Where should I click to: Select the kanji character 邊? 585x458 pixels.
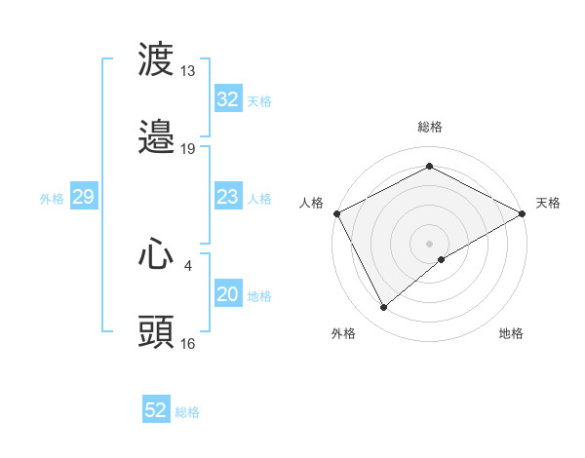click(x=157, y=137)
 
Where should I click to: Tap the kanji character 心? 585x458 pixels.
click(x=157, y=255)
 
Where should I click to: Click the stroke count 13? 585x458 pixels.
click(x=187, y=71)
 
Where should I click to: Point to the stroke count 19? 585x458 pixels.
click(x=187, y=149)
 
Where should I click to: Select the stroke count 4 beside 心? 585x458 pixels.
click(x=187, y=265)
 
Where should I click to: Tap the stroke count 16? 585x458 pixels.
click(x=187, y=344)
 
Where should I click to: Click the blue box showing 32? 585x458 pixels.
click(x=227, y=99)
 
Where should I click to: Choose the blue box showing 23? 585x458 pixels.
click(x=227, y=198)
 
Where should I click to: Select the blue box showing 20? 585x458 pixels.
click(x=227, y=295)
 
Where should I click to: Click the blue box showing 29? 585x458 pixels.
click(x=83, y=198)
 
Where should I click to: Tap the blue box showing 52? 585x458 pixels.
click(x=156, y=411)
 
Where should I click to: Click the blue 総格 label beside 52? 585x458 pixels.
click(x=187, y=412)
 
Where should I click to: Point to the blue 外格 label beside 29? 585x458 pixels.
click(x=52, y=199)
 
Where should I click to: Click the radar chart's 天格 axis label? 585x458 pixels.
click(x=548, y=203)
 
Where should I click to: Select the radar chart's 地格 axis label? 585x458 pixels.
click(x=511, y=334)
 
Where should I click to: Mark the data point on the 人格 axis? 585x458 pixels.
click(x=336, y=213)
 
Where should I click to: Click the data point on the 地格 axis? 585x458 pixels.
click(x=442, y=259)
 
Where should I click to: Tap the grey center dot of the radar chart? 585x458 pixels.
click(x=429, y=243)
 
